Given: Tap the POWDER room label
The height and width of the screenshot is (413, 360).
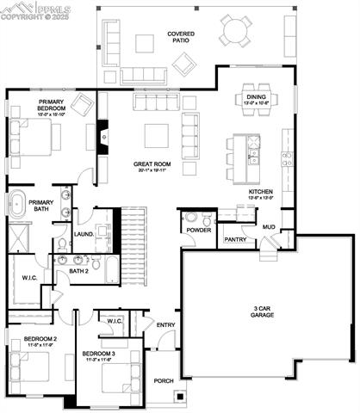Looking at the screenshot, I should pyautogui.click(x=199, y=230).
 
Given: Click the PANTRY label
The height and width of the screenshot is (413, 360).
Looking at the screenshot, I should pyautogui.click(x=235, y=239).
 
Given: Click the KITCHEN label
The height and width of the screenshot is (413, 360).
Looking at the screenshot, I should pyautogui.click(x=261, y=194).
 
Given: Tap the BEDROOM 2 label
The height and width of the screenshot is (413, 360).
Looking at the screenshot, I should pyautogui.click(x=40, y=340).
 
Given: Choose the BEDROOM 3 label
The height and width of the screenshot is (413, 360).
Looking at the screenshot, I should pyautogui.click(x=98, y=354).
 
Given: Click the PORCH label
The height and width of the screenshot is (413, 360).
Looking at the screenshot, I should pyautogui.click(x=163, y=380).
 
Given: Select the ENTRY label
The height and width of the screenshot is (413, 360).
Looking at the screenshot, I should pyautogui.click(x=165, y=324).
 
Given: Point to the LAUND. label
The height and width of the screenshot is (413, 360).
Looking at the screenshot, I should pyautogui.click(x=84, y=233).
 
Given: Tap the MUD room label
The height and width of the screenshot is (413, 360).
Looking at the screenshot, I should pyautogui.click(x=269, y=228).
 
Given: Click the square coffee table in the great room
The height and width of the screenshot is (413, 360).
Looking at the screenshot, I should pyautogui.click(x=156, y=136).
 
